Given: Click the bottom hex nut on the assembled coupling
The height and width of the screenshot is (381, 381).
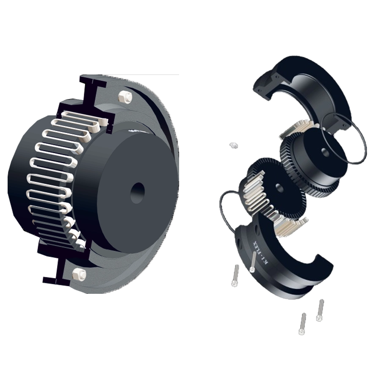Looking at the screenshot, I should click(x=80, y=274).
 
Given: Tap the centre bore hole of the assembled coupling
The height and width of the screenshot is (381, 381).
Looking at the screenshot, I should click(x=138, y=192).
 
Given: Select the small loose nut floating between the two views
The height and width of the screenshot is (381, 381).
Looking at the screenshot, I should click(x=233, y=145).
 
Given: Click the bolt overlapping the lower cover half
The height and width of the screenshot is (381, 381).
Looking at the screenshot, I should click(x=253, y=262).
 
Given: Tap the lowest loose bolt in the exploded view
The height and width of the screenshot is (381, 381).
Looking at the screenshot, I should click(x=303, y=323).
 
